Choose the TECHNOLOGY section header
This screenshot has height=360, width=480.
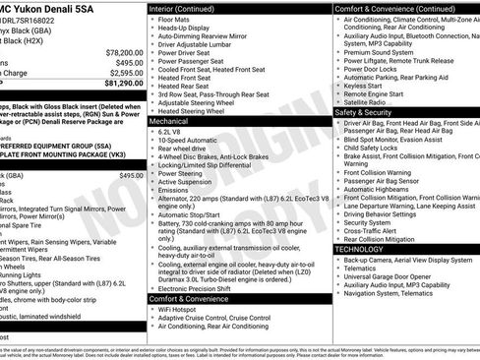coord(358,249)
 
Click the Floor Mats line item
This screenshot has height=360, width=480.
coord(176,18)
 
